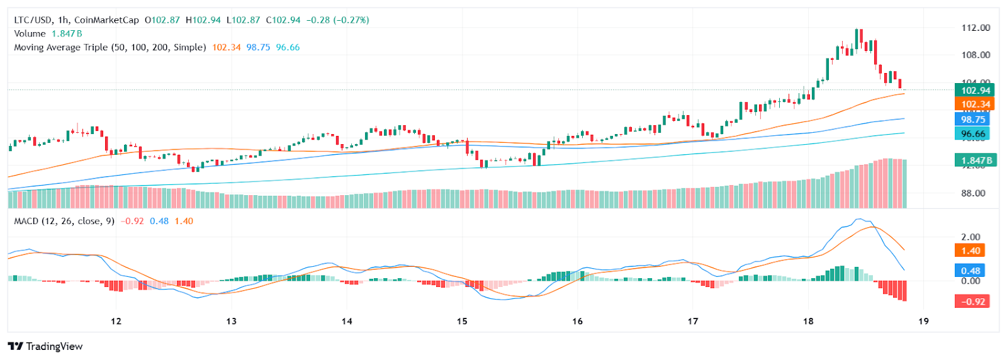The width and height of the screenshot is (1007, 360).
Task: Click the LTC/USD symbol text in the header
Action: (x=33, y=20)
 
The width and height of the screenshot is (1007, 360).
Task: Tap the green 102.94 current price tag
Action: (x=974, y=91)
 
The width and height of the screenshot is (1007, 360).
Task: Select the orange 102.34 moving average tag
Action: (x=974, y=104)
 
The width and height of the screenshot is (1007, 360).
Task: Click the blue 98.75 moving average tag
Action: (x=972, y=120)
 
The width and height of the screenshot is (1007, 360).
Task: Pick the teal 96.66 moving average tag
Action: (x=972, y=134)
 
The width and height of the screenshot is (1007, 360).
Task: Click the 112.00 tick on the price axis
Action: (x=976, y=28)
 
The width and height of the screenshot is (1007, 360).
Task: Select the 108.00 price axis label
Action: (x=976, y=55)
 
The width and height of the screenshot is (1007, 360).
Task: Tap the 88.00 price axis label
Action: (x=973, y=193)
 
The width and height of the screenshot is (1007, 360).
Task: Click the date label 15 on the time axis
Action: (x=462, y=322)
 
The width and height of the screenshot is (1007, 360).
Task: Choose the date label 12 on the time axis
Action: (x=116, y=322)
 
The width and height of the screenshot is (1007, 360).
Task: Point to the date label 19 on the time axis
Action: (x=923, y=322)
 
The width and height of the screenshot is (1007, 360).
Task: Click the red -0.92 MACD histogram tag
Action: (x=973, y=301)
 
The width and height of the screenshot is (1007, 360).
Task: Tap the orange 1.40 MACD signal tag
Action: (x=970, y=250)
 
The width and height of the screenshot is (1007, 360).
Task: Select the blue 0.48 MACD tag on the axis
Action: (x=970, y=271)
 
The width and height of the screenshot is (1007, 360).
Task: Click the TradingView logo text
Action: (x=45, y=347)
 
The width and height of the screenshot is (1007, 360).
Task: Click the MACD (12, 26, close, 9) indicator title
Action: (x=64, y=222)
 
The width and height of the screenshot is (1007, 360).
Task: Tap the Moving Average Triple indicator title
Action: (x=110, y=47)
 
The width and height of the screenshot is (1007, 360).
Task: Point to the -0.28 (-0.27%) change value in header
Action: (x=337, y=20)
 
